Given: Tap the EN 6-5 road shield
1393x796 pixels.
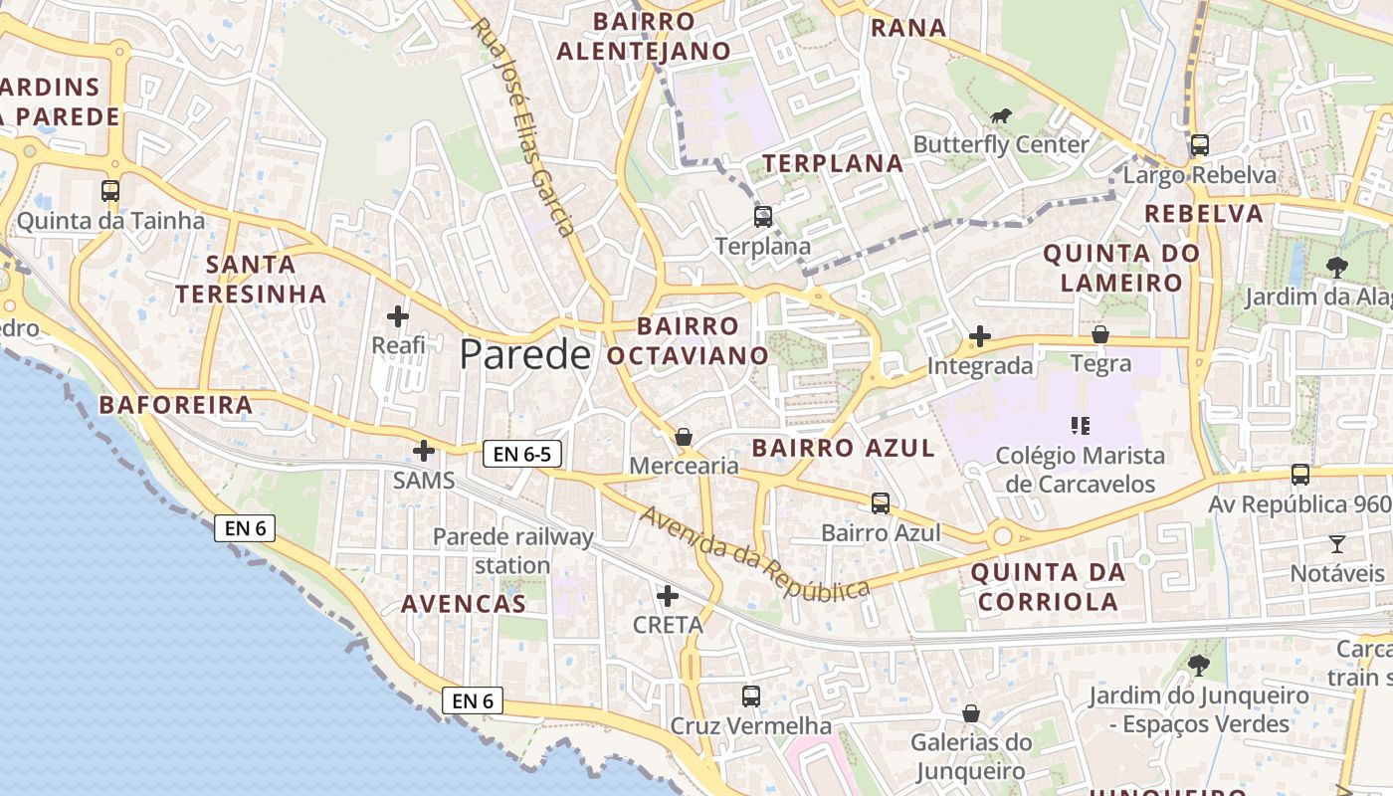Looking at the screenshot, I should [522, 455].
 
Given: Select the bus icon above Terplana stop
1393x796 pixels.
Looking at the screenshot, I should [763, 216].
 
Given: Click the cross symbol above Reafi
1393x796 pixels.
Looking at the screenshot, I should [398, 316].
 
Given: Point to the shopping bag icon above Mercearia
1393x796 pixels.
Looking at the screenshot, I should [684, 436].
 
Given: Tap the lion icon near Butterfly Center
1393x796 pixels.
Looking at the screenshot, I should [1000, 116].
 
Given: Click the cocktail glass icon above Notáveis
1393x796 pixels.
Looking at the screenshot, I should [1336, 543].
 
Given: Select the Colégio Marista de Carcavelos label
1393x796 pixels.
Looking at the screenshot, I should [1080, 470].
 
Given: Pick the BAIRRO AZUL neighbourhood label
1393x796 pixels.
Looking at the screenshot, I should [843, 448].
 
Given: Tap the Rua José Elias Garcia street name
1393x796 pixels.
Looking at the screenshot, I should [523, 126].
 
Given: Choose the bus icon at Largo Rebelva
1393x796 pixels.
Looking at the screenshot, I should [1199, 145].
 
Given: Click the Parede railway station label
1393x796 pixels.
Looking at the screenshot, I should [512, 551].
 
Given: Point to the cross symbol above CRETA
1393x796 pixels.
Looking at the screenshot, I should [668, 596].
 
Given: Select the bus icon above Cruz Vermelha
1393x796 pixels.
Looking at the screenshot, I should [751, 696].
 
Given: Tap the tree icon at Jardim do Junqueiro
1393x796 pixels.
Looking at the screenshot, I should [1199, 665].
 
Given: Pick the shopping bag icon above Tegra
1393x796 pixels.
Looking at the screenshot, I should [1100, 334].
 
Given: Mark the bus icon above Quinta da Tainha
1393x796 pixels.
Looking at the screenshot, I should [110, 190].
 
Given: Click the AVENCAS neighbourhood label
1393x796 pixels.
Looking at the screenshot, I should [463, 604].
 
